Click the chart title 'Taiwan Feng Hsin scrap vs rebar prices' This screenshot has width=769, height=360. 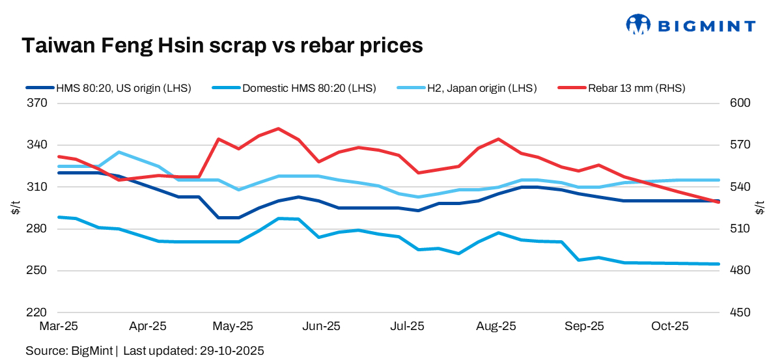click(223, 45)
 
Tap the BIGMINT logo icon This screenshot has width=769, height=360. click(638, 25)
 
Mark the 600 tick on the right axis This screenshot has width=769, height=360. click(742, 104)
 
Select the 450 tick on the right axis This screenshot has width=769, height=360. click(742, 312)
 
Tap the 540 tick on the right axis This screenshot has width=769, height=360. click(742, 187)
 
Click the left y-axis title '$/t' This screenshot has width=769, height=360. click(14, 208)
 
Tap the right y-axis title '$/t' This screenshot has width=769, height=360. click(759, 208)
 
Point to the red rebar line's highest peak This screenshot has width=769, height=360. click(279, 129)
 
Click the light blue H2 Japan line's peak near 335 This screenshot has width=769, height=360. click(119, 152)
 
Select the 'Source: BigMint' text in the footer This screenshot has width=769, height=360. click(68, 351)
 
